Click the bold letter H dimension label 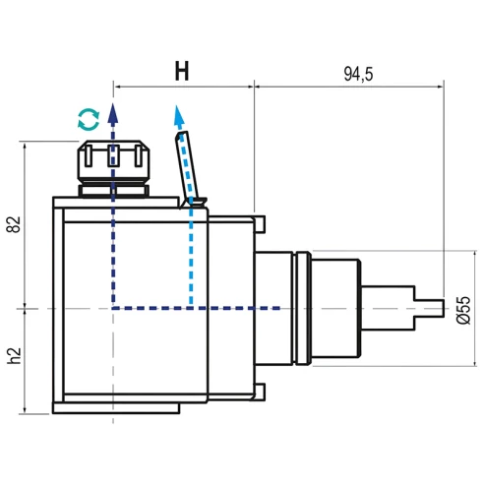[182, 71]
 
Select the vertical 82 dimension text [13, 223]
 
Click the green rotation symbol [89, 120]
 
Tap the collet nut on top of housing [113, 162]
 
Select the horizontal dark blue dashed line [197, 309]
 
